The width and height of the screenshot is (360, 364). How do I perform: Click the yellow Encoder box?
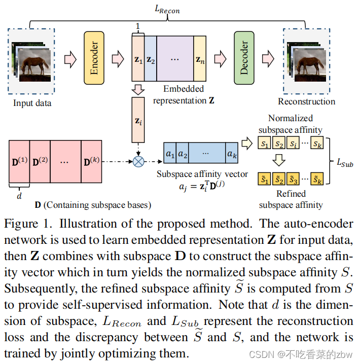pyautogui.click(x=93, y=58)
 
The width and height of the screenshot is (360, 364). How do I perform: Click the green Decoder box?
pyautogui.click(x=244, y=58)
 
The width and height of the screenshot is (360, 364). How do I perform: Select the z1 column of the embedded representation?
pyautogui.click(x=138, y=59)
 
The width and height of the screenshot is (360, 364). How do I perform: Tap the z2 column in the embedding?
pyautogui.click(x=151, y=59)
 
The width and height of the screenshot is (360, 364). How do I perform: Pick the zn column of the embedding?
pyautogui.click(x=200, y=59)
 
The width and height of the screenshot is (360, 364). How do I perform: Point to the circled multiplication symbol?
pyautogui.click(x=138, y=162)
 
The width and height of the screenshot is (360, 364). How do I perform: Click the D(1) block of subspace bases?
pyautogui.click(x=19, y=162)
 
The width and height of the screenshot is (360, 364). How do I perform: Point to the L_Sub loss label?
pyautogui.click(x=345, y=163)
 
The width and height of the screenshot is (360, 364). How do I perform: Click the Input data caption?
pyautogui.click(x=32, y=103)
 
